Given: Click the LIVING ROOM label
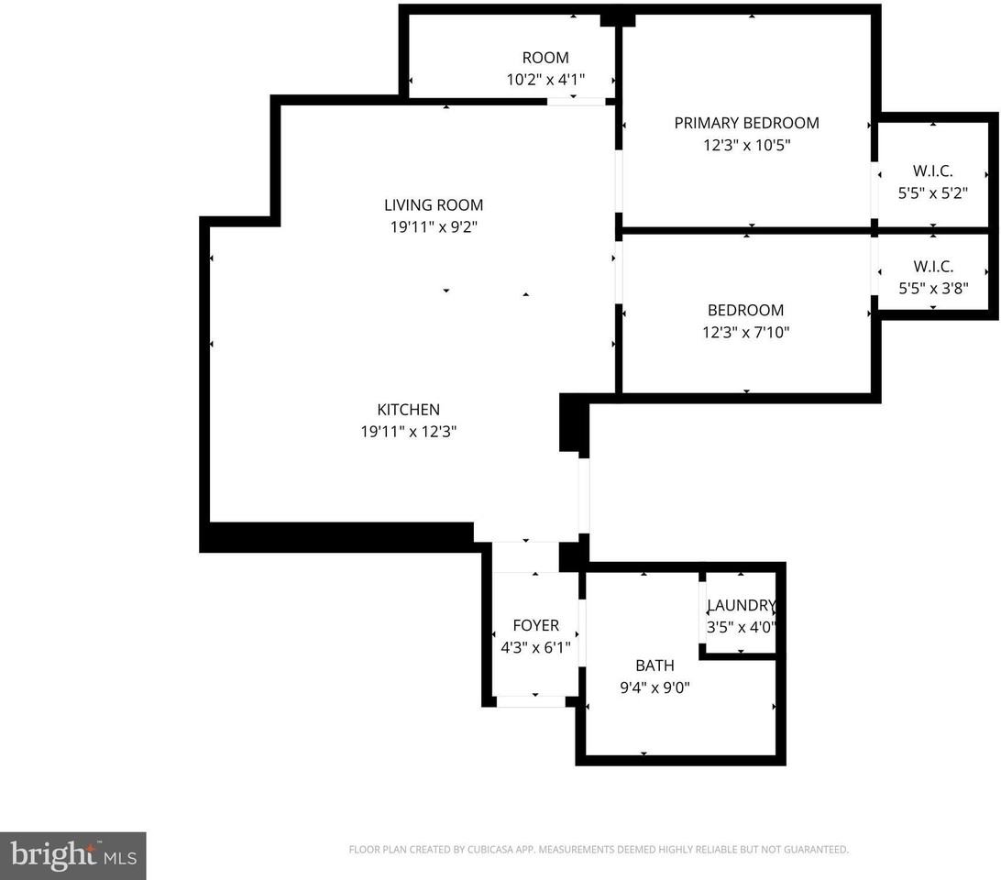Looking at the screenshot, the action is click(x=434, y=205).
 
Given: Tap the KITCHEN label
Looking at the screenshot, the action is click(x=409, y=410).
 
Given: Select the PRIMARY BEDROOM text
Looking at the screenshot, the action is click(x=747, y=123).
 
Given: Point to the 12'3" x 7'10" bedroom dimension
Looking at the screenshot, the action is click(x=746, y=332).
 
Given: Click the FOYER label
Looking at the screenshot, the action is click(x=535, y=625).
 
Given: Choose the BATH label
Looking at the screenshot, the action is click(x=655, y=665).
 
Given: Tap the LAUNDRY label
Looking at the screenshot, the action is click(x=742, y=605).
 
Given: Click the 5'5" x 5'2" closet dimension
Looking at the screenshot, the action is click(x=933, y=192).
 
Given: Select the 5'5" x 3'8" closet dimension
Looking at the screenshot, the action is click(x=933, y=288).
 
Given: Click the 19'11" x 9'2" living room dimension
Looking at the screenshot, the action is click(x=434, y=226).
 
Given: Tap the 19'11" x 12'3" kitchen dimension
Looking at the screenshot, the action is click(x=409, y=432).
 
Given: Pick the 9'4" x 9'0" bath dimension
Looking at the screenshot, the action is click(x=655, y=687).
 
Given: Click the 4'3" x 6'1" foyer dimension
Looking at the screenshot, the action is click(x=535, y=647).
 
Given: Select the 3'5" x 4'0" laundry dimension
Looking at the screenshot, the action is click(x=742, y=627).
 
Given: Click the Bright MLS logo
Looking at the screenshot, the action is click(x=72, y=856).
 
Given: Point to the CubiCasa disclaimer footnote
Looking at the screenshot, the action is click(x=599, y=850).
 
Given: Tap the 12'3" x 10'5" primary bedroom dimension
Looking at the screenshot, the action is click(x=747, y=145).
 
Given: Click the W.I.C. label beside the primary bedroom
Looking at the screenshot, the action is click(x=932, y=171).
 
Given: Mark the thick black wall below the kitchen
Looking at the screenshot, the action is click(x=336, y=537).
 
